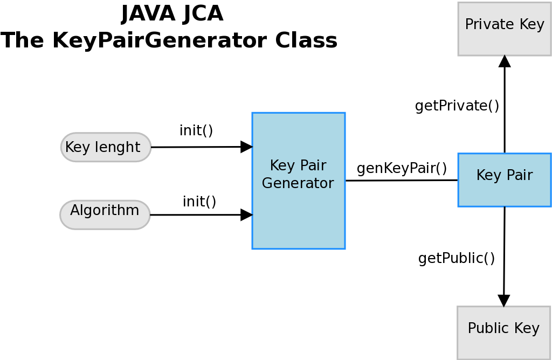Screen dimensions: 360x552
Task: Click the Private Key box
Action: click(x=505, y=29)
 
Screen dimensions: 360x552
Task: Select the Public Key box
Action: click(x=503, y=333)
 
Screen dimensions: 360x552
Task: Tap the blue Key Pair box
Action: click(x=505, y=179)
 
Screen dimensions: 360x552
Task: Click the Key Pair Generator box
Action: click(x=298, y=181)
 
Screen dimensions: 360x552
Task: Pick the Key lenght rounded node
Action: click(x=106, y=147)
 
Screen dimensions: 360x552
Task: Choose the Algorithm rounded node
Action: click(x=105, y=214)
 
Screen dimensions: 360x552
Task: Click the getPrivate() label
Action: click(x=457, y=106)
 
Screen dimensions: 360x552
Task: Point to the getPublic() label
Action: click(x=457, y=259)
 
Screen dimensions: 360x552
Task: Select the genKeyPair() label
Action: click(x=402, y=168)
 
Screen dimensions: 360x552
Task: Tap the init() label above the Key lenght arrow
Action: click(x=196, y=130)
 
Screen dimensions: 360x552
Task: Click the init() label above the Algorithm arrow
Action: click(x=199, y=202)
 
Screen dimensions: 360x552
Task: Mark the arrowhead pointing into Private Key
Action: click(x=505, y=61)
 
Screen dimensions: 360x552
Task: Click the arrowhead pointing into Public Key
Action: click(x=503, y=301)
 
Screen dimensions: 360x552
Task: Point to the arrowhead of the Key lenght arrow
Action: click(x=246, y=147)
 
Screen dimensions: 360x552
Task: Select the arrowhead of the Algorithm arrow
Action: click(x=246, y=214)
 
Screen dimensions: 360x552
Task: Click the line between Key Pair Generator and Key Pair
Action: click(x=402, y=181)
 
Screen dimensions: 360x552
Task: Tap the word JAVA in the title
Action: click(x=142, y=14)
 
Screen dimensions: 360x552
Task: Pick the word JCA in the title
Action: click(x=203, y=14)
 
